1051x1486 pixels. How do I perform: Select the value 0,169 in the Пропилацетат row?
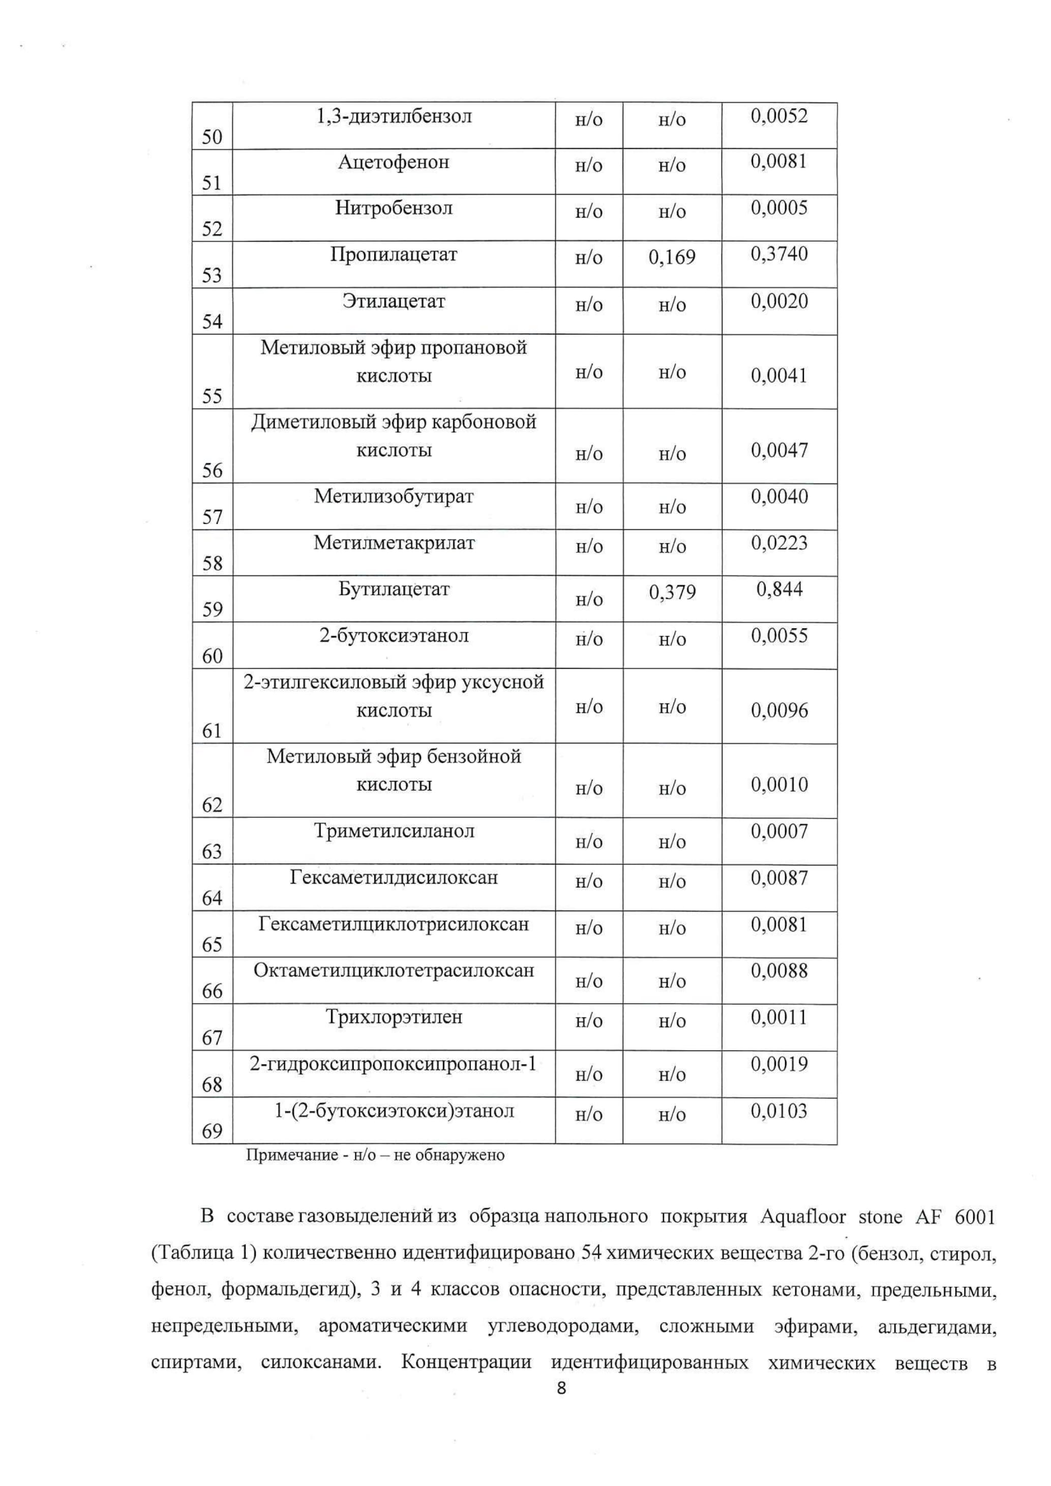(x=672, y=258)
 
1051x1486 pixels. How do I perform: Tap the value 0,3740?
(x=779, y=254)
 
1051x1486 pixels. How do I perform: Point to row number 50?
(x=212, y=137)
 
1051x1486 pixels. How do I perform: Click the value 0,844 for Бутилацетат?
(x=779, y=589)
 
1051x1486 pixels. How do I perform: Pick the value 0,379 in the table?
(x=672, y=592)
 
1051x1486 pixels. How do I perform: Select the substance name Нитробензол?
(x=394, y=208)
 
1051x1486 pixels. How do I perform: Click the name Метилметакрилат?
(x=394, y=542)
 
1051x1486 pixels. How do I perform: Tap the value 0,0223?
(x=779, y=542)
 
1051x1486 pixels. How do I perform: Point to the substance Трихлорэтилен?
(x=394, y=1017)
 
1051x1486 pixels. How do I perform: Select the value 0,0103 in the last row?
(x=779, y=1111)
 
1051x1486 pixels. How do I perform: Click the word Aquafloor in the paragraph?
(x=802, y=1218)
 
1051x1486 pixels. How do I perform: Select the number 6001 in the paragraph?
(x=974, y=1218)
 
